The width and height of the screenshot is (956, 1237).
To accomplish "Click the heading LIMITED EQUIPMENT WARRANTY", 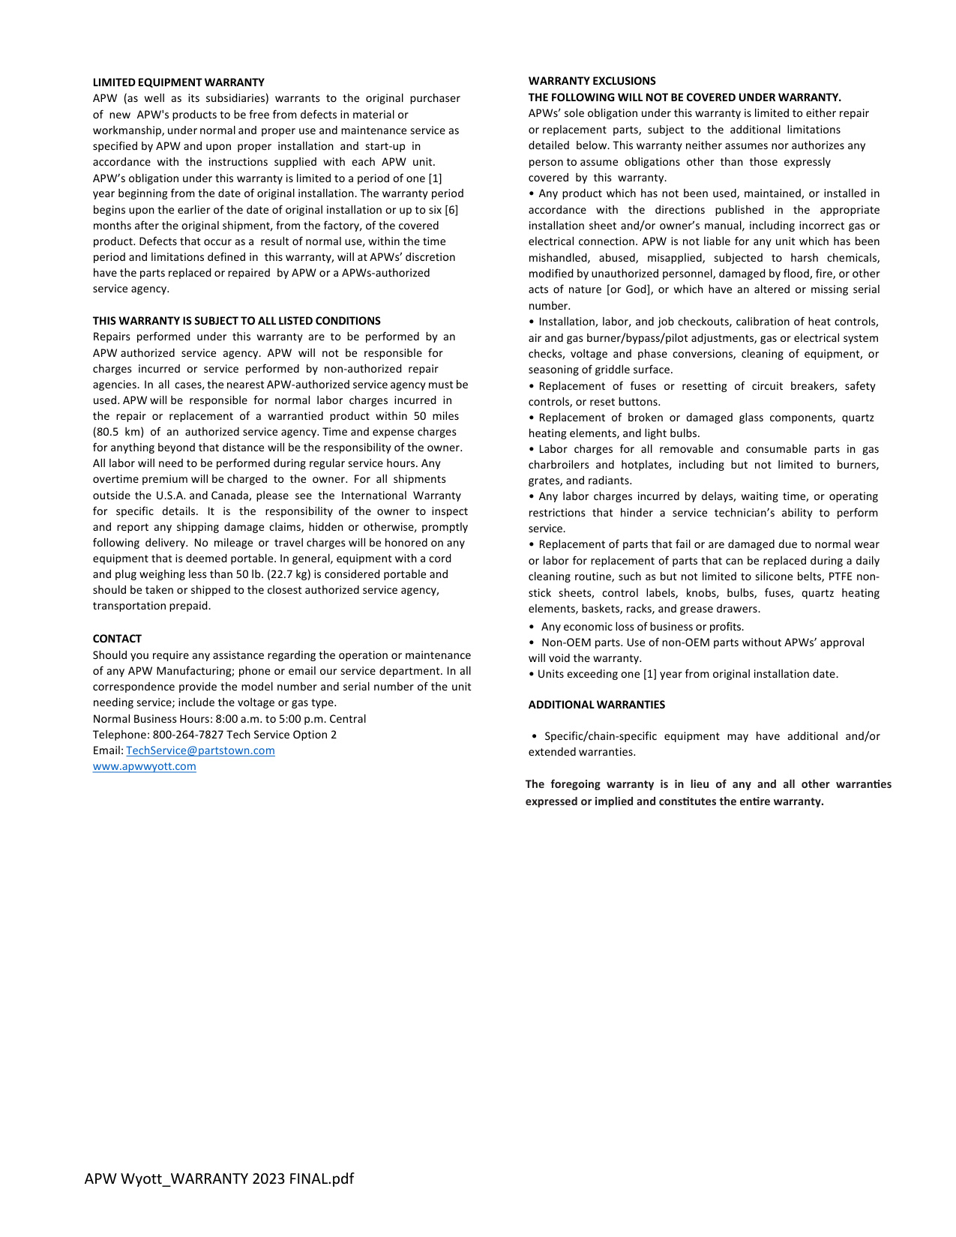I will click(x=178, y=82).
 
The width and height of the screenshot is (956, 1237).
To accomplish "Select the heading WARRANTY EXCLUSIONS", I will click(x=592, y=81).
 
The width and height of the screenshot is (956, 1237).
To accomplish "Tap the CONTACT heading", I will click(x=117, y=639).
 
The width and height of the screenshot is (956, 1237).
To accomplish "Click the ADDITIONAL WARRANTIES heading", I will click(x=596, y=705).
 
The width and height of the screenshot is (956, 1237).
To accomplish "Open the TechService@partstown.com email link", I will click(x=200, y=750).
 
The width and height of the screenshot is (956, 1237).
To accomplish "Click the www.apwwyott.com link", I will click(x=144, y=766).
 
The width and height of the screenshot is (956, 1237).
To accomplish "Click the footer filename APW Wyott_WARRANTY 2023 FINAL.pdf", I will click(x=219, y=1179).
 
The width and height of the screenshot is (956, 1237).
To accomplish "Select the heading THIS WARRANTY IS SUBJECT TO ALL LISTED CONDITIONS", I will click(x=236, y=321).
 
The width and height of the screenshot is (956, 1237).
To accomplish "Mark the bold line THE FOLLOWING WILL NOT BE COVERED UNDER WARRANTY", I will click(x=685, y=97).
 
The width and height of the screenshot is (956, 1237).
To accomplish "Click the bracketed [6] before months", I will click(x=451, y=210).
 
